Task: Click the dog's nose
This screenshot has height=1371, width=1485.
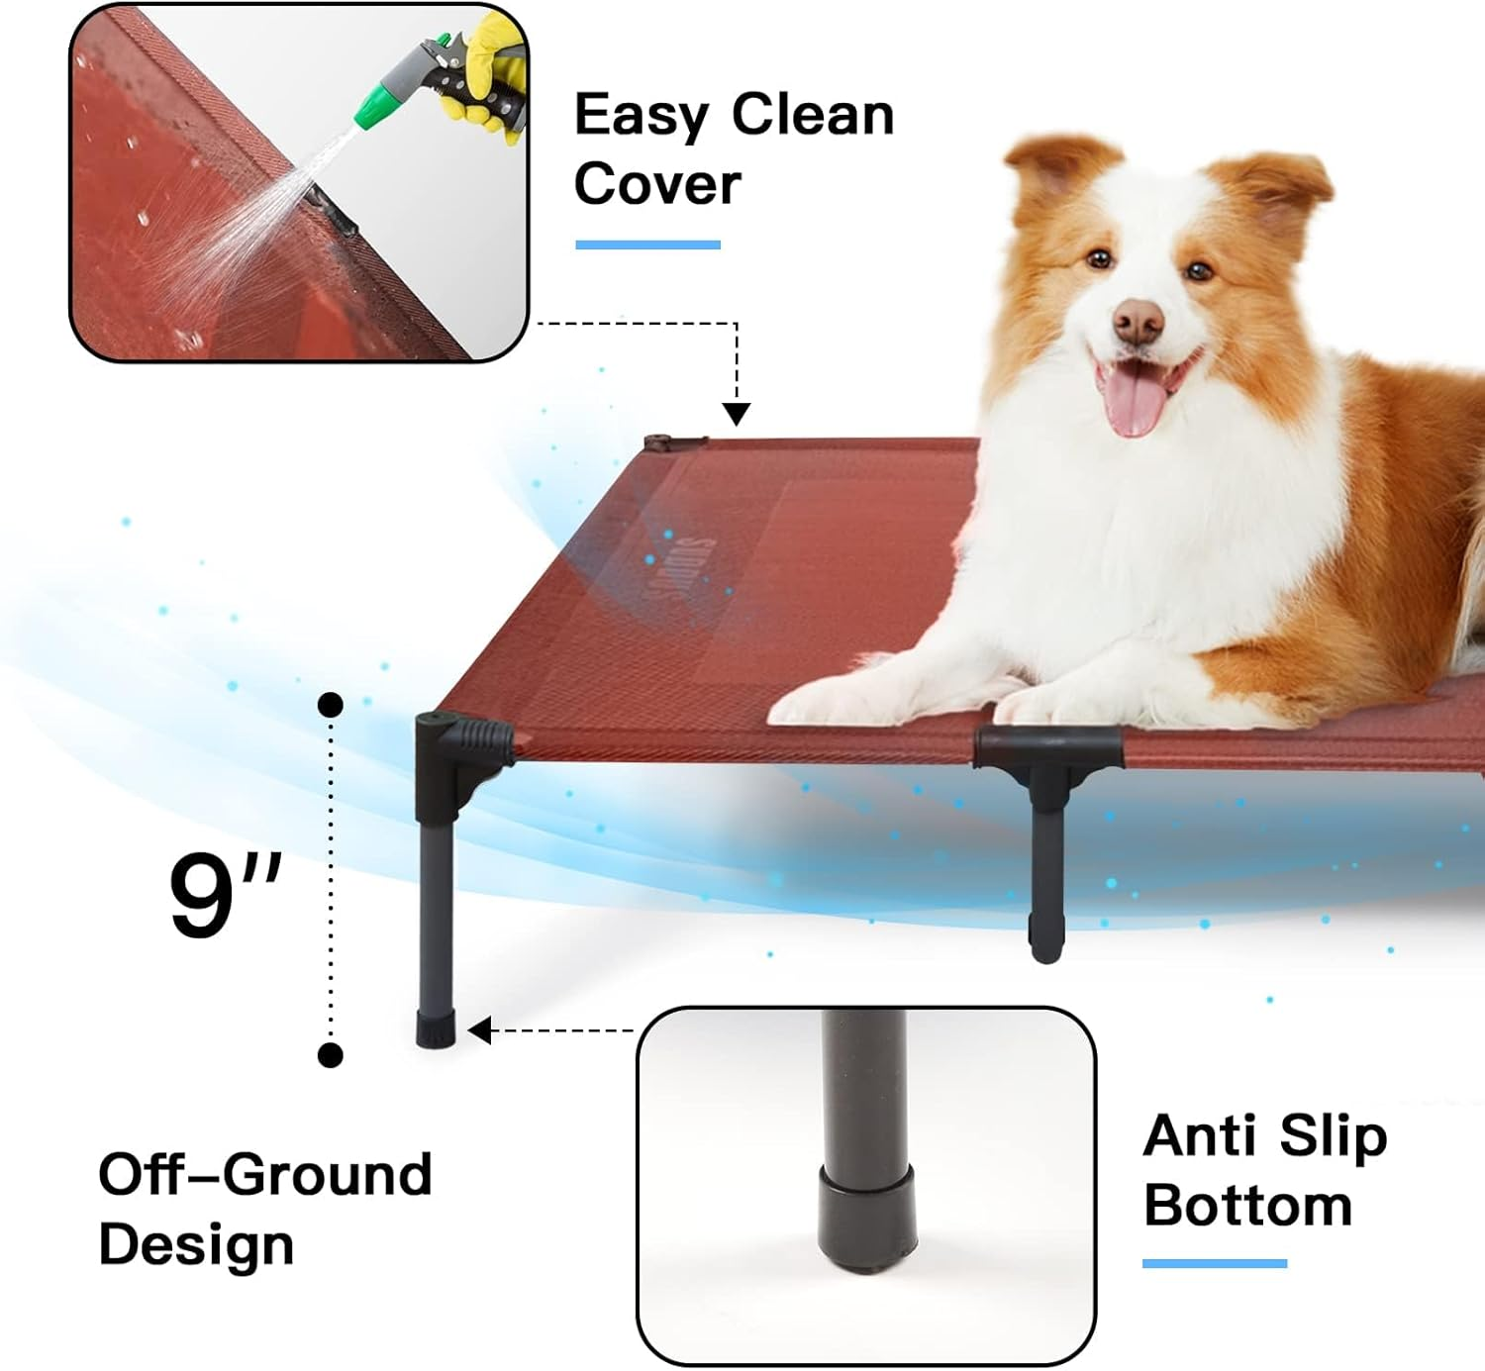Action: coord(1138,321)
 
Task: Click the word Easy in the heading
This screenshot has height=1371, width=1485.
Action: coord(641,115)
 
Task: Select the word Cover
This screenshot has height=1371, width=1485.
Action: coord(657,184)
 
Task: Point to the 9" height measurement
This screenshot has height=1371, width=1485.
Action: coord(224,896)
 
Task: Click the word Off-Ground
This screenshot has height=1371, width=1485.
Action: coord(264,1175)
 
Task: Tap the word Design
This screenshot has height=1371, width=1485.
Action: coord(196,1244)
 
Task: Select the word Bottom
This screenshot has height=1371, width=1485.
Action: coord(1247,1206)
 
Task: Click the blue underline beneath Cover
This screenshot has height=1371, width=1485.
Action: coord(647,245)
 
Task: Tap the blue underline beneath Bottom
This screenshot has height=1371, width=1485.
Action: coord(1214,1263)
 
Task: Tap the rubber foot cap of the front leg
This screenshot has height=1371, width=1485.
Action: coord(436,1029)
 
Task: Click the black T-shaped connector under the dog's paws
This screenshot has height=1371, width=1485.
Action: coord(1047,760)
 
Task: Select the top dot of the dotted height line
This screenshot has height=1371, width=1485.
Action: coord(331,705)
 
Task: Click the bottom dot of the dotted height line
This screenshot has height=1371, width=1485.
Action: coord(331,1055)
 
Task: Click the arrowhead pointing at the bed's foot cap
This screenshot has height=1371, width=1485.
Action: coord(479,1031)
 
